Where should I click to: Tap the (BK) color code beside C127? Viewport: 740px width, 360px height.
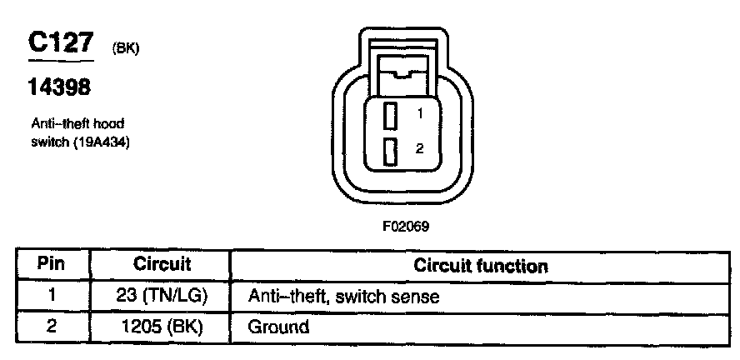point(125,49)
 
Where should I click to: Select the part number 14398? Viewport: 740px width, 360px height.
point(59,87)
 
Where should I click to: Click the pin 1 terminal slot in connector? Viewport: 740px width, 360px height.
point(389,114)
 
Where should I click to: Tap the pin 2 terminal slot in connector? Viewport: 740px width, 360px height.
point(389,151)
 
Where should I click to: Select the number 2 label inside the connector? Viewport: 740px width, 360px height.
point(420,149)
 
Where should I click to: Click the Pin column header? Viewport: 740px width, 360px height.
point(52,265)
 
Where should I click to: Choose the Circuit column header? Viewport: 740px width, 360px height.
point(162,265)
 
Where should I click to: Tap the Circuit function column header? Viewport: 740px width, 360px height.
point(481,266)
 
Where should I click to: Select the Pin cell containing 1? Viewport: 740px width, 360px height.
point(52,295)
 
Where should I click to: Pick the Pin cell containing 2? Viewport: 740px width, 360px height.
point(52,326)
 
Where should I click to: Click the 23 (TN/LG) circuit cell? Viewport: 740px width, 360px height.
point(162,295)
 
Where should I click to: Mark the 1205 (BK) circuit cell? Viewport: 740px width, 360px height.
point(162,326)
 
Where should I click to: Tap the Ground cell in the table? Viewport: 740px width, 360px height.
point(278,327)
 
